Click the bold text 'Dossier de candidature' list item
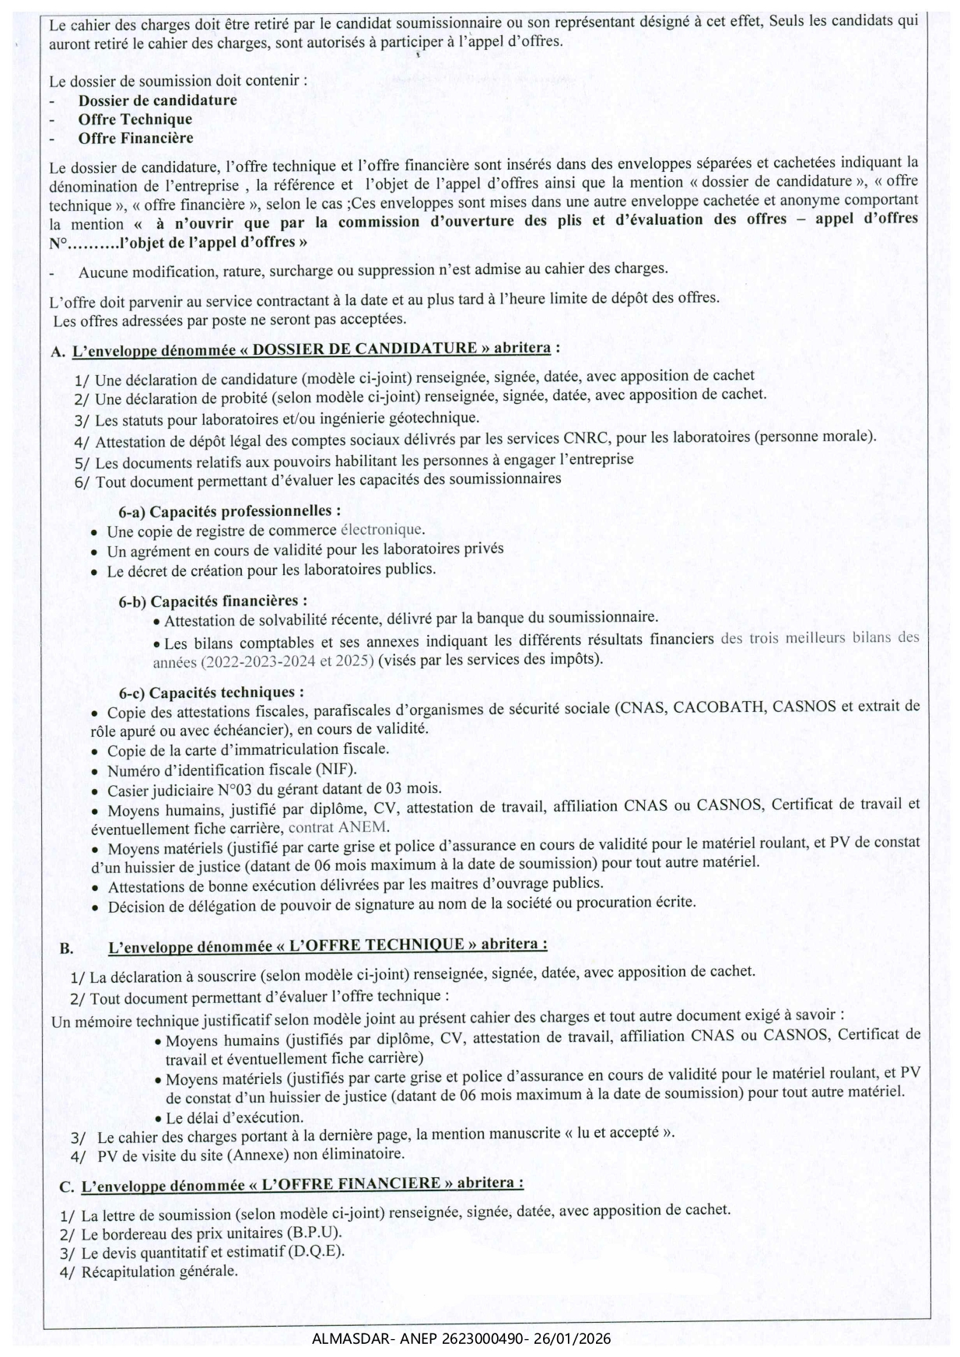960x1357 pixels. point(157,100)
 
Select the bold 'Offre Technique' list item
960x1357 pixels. point(135,119)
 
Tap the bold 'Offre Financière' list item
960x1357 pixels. point(135,139)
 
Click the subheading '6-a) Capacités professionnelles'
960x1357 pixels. point(229,511)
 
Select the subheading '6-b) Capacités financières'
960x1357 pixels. point(212,601)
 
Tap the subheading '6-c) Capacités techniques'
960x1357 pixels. point(211,692)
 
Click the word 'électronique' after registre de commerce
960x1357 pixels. point(382,530)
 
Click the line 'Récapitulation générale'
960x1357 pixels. point(159,1271)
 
